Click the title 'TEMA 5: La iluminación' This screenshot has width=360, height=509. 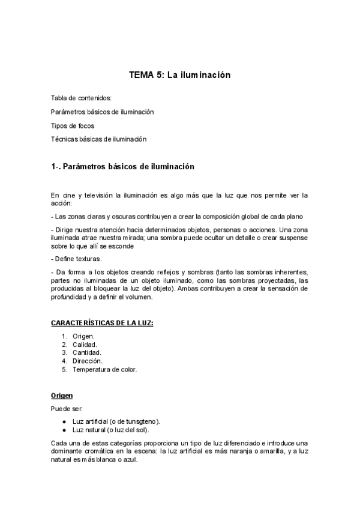click(180, 76)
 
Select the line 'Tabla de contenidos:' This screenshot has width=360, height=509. click(81, 98)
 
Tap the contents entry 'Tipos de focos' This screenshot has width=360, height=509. click(73, 125)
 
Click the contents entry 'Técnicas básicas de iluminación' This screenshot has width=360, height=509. click(99, 139)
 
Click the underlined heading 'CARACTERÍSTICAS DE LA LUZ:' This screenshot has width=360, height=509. click(102, 324)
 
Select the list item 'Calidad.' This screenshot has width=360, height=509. click(85, 345)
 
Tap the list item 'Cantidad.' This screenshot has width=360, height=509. click(86, 353)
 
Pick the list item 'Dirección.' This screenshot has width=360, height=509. click(87, 361)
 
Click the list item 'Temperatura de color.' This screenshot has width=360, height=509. click(104, 370)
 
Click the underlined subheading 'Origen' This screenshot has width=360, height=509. click(62, 396)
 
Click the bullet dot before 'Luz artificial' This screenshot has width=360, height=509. click(64, 421)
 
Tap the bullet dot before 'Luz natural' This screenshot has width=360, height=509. click(64, 430)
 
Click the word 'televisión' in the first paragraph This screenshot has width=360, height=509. click(98, 194)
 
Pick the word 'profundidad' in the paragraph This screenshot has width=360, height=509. click(69, 297)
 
